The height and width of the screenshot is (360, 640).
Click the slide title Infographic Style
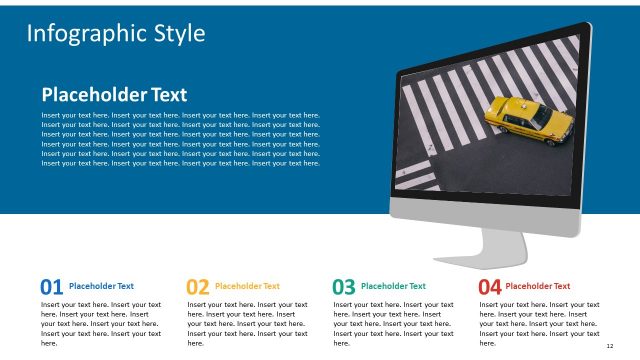[115, 33]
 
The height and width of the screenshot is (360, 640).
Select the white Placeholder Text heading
[114, 95]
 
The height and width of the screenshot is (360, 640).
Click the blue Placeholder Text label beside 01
[101, 286]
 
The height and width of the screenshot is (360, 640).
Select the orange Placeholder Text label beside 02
[247, 286]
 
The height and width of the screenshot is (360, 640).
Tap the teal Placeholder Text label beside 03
[393, 286]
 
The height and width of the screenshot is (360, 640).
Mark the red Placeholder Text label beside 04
[538, 286]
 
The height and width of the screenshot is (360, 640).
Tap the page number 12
[609, 344]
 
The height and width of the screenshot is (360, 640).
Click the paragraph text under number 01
[101, 323]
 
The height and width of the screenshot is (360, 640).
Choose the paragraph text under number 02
[247, 323]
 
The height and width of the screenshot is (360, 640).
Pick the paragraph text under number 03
[393, 323]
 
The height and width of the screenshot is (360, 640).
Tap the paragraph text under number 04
[539, 323]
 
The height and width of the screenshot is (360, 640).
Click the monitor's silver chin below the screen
[485, 213]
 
